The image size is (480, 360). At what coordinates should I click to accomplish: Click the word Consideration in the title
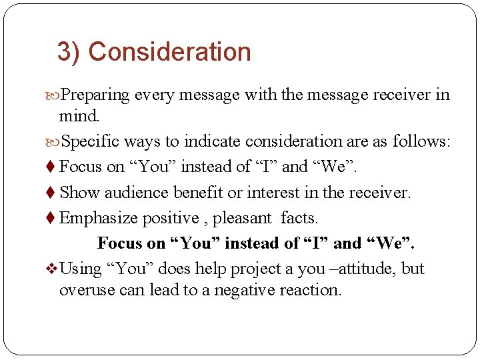tap(169, 52)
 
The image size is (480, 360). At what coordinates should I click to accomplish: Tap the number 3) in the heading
tap(69, 52)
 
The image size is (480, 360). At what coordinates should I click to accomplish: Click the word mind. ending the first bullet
tap(79, 117)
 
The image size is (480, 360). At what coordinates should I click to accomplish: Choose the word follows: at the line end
tap(421, 141)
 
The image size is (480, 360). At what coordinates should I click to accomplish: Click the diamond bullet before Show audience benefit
tap(53, 193)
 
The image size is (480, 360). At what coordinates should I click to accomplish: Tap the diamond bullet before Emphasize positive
tap(53, 218)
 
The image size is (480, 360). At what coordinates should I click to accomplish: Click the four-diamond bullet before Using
tap(53, 269)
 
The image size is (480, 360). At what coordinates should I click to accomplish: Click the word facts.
tap(299, 218)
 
